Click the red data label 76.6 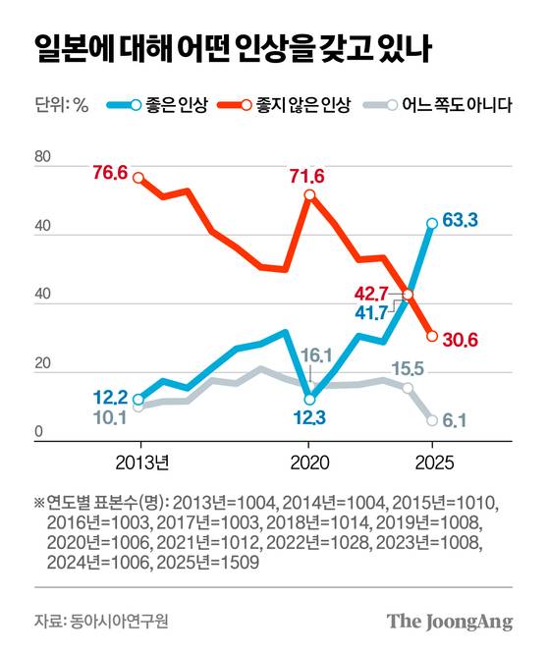(111, 173)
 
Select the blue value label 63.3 (460, 221)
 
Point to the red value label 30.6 (459, 340)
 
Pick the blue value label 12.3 (310, 419)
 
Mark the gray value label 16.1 (310, 355)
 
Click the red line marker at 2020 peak (310, 195)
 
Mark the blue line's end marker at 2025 (432, 224)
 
